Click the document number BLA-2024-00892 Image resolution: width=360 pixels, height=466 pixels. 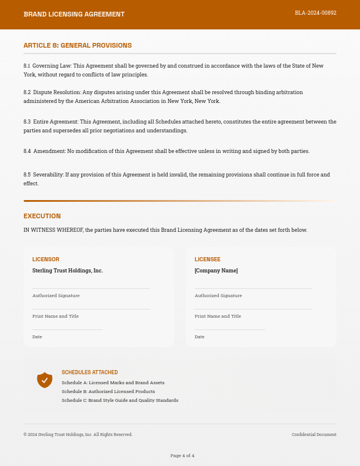coord(315,13)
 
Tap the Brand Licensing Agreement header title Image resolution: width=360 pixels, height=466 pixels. coord(74,14)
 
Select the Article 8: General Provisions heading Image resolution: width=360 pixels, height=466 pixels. coord(78,45)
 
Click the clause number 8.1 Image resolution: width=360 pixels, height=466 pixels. coord(27,66)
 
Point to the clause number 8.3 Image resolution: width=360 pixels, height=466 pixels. coord(27,122)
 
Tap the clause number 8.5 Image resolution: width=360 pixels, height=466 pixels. coord(27,175)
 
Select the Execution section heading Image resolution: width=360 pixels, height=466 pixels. coord(42,216)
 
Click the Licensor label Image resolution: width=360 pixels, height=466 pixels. coord(46,259)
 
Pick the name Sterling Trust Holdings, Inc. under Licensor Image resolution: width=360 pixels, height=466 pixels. coord(68,271)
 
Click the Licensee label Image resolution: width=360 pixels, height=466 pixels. coord(208,259)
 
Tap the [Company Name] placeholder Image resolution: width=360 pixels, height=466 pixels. coord(216,271)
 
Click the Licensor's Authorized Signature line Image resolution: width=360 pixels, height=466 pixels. coord(91,288)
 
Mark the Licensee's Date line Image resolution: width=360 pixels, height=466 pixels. coord(229,329)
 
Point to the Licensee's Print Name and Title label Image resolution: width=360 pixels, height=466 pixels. coord(218,316)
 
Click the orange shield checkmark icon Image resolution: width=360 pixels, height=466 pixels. coord(45,380)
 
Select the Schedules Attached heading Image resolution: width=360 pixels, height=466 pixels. coord(89,372)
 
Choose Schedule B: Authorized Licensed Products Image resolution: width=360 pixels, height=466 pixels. coord(108,391)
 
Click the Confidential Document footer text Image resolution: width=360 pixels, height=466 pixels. coord(314,435)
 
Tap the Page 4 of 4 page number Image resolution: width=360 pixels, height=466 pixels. coord(182,455)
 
